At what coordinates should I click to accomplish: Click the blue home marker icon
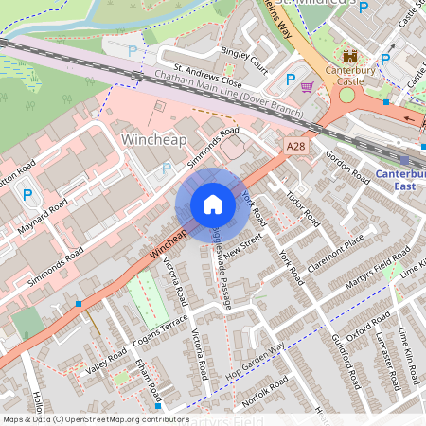pos(213,204)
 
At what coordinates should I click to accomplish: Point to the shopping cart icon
pos(307,87)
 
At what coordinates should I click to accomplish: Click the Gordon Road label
pos(347,166)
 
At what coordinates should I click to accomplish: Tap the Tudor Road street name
pos(303,208)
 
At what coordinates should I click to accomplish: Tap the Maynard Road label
pos(44,219)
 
